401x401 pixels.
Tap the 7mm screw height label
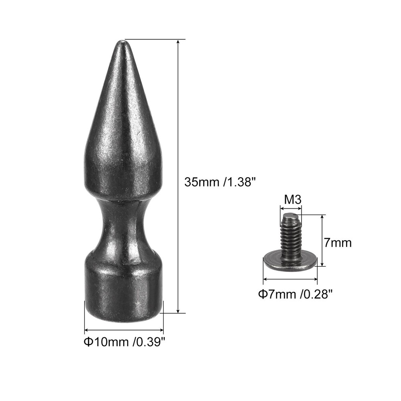(x=338, y=243)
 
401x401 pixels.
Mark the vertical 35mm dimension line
(x=178, y=176)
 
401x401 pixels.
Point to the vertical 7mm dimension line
(x=322, y=241)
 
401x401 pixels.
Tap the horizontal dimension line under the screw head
(x=290, y=279)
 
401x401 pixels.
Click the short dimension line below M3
(x=291, y=208)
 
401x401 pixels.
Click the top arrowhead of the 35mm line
(x=178, y=42)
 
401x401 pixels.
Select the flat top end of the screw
(x=291, y=217)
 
